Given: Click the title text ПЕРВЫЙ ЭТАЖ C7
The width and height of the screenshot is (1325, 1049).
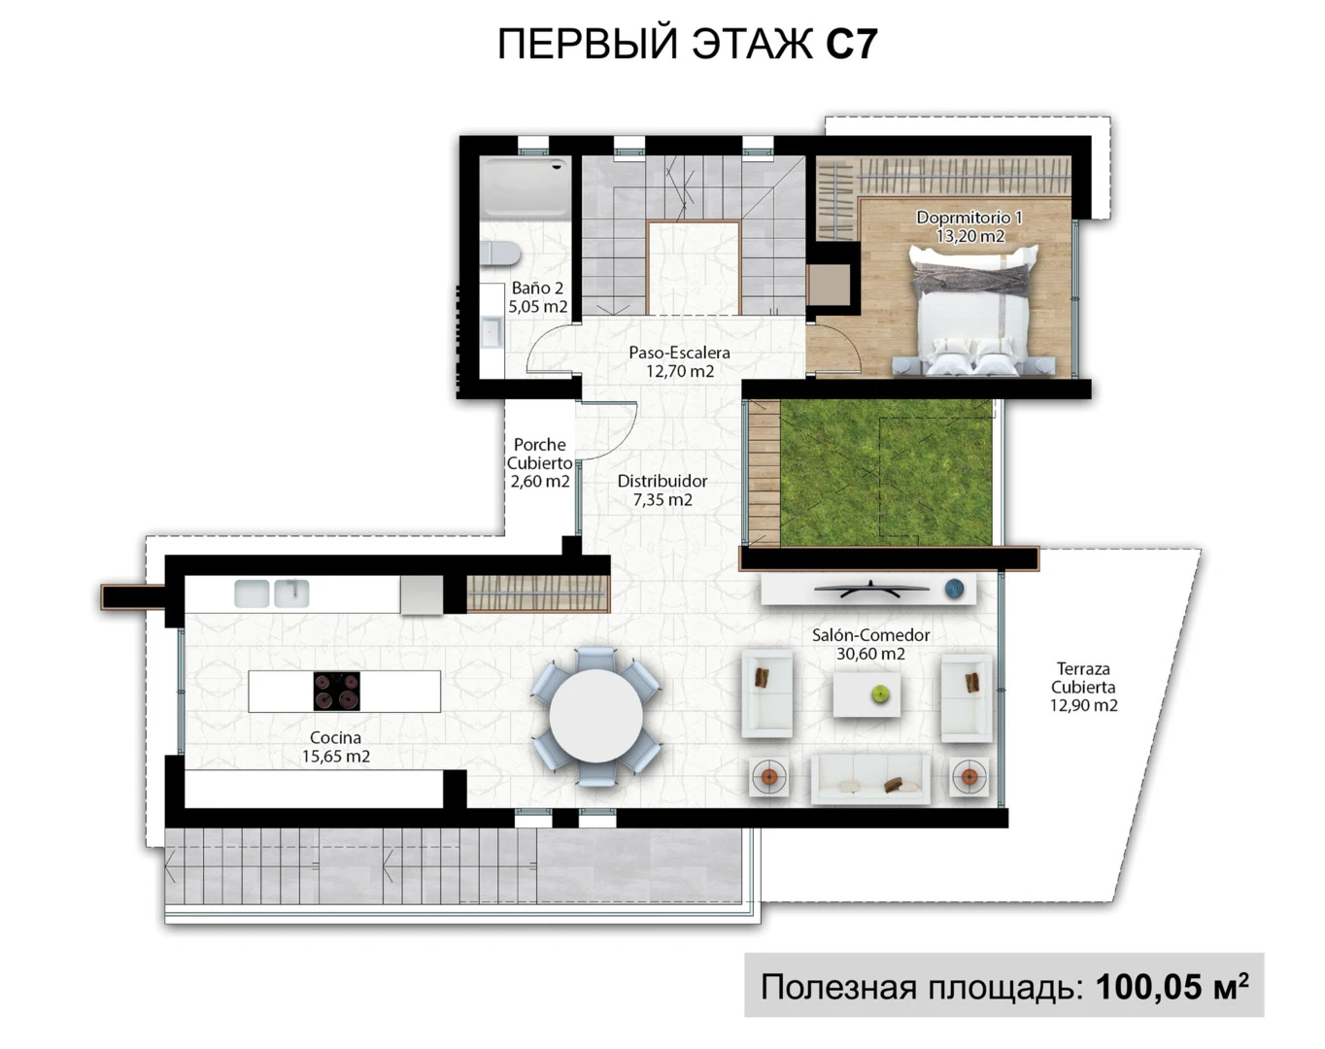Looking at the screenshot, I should click(687, 45).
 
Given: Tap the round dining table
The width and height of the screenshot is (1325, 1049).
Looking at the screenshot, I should click(595, 717).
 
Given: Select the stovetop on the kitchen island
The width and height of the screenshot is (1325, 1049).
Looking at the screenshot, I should click(336, 692).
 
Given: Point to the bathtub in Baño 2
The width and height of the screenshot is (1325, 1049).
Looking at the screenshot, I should click(525, 187).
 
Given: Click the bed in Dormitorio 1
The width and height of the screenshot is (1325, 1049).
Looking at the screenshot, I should click(971, 311).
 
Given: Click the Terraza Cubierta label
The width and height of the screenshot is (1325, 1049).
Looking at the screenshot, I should click(1083, 687).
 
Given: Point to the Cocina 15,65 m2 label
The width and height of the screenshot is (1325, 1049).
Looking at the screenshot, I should click(336, 747).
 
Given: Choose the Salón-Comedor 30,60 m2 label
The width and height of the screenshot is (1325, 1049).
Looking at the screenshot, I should click(870, 644).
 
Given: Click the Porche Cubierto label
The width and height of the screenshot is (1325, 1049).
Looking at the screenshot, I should click(539, 462).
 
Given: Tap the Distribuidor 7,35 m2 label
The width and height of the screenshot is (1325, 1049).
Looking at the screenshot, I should click(662, 491).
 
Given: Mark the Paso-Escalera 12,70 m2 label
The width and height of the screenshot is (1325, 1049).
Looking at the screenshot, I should click(679, 361).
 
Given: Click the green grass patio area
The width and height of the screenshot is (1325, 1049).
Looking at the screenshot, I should click(886, 472).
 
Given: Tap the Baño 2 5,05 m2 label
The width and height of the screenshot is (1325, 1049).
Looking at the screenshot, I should click(537, 297).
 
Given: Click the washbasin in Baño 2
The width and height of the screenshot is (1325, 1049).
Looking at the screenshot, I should click(491, 332).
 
